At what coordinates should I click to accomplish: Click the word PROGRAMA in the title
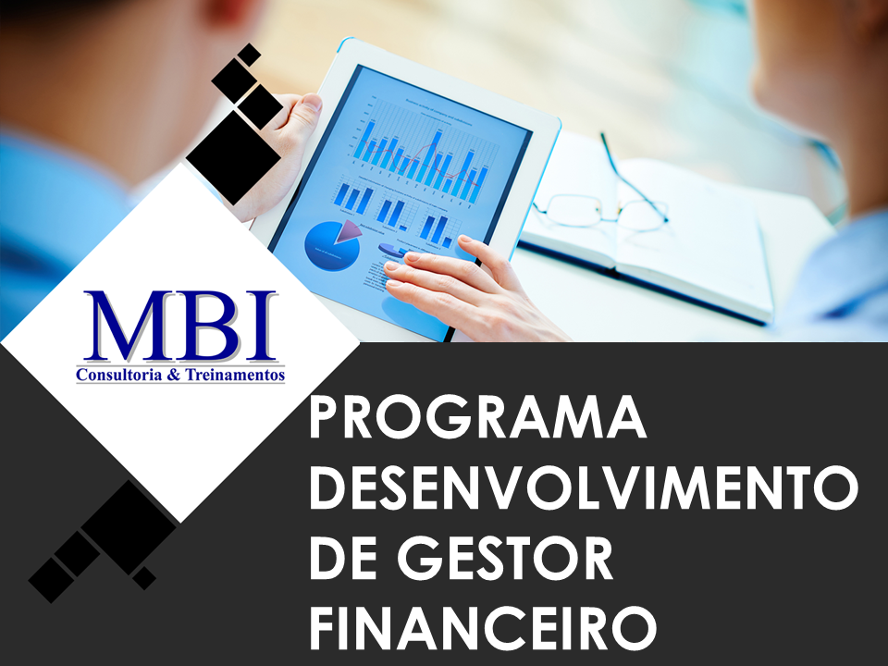click(477, 418)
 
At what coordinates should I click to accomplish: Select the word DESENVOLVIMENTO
click(583, 487)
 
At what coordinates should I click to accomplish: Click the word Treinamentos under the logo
click(232, 376)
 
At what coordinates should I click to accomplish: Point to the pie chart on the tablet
click(330, 241)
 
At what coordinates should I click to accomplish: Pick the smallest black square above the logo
click(248, 55)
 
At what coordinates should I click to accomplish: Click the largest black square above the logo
click(233, 158)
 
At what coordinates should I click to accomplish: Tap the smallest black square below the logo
click(143, 578)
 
